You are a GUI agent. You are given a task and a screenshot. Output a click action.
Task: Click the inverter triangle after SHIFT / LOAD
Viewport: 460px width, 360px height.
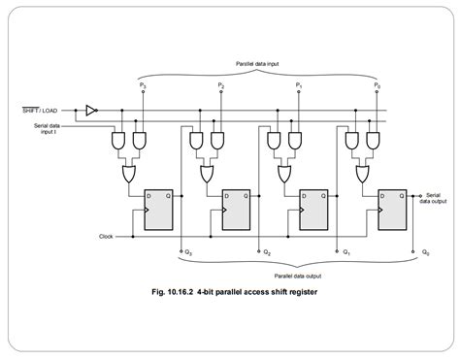90,110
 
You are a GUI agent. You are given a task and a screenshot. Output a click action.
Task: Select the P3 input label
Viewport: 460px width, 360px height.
142,87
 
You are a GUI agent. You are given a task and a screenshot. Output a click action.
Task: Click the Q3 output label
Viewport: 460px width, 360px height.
188,253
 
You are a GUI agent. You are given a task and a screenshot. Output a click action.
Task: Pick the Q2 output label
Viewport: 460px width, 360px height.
266,253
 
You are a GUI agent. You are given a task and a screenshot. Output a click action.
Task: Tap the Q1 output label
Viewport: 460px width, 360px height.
345,253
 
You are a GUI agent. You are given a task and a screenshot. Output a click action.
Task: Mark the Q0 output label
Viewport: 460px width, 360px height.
424,253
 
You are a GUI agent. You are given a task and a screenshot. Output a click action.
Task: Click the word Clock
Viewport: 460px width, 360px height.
106,236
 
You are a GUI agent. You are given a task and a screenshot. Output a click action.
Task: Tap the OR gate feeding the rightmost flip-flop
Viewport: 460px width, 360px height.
365,175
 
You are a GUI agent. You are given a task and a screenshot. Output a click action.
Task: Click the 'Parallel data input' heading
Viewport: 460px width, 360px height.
258,64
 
